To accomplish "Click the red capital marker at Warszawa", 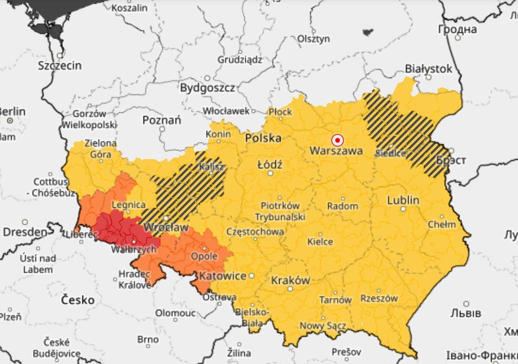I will tap(337, 140).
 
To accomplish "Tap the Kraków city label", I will tap(290, 281).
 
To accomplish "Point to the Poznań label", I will tap(161, 120).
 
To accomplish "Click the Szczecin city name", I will tap(60, 65).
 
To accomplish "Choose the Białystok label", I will tap(428, 69).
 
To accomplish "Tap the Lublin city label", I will tap(403, 200).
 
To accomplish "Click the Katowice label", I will tap(222, 276).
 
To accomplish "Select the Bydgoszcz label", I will tap(207, 88).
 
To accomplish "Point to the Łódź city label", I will tap(270, 165).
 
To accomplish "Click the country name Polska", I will tap(263, 138).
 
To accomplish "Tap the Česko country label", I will tap(78, 300).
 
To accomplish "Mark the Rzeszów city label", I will tap(379, 298).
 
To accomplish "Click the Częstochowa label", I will tap(255, 232).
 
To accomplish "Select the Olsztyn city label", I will tap(313, 39).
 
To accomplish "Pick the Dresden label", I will tap(24, 232).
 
